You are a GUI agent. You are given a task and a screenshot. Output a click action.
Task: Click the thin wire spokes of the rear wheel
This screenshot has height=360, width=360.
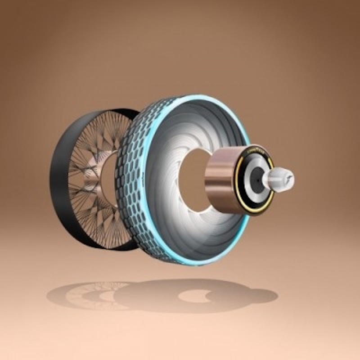point(85,148)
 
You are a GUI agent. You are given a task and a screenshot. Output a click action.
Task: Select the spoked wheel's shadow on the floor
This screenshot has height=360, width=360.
point(85,295)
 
